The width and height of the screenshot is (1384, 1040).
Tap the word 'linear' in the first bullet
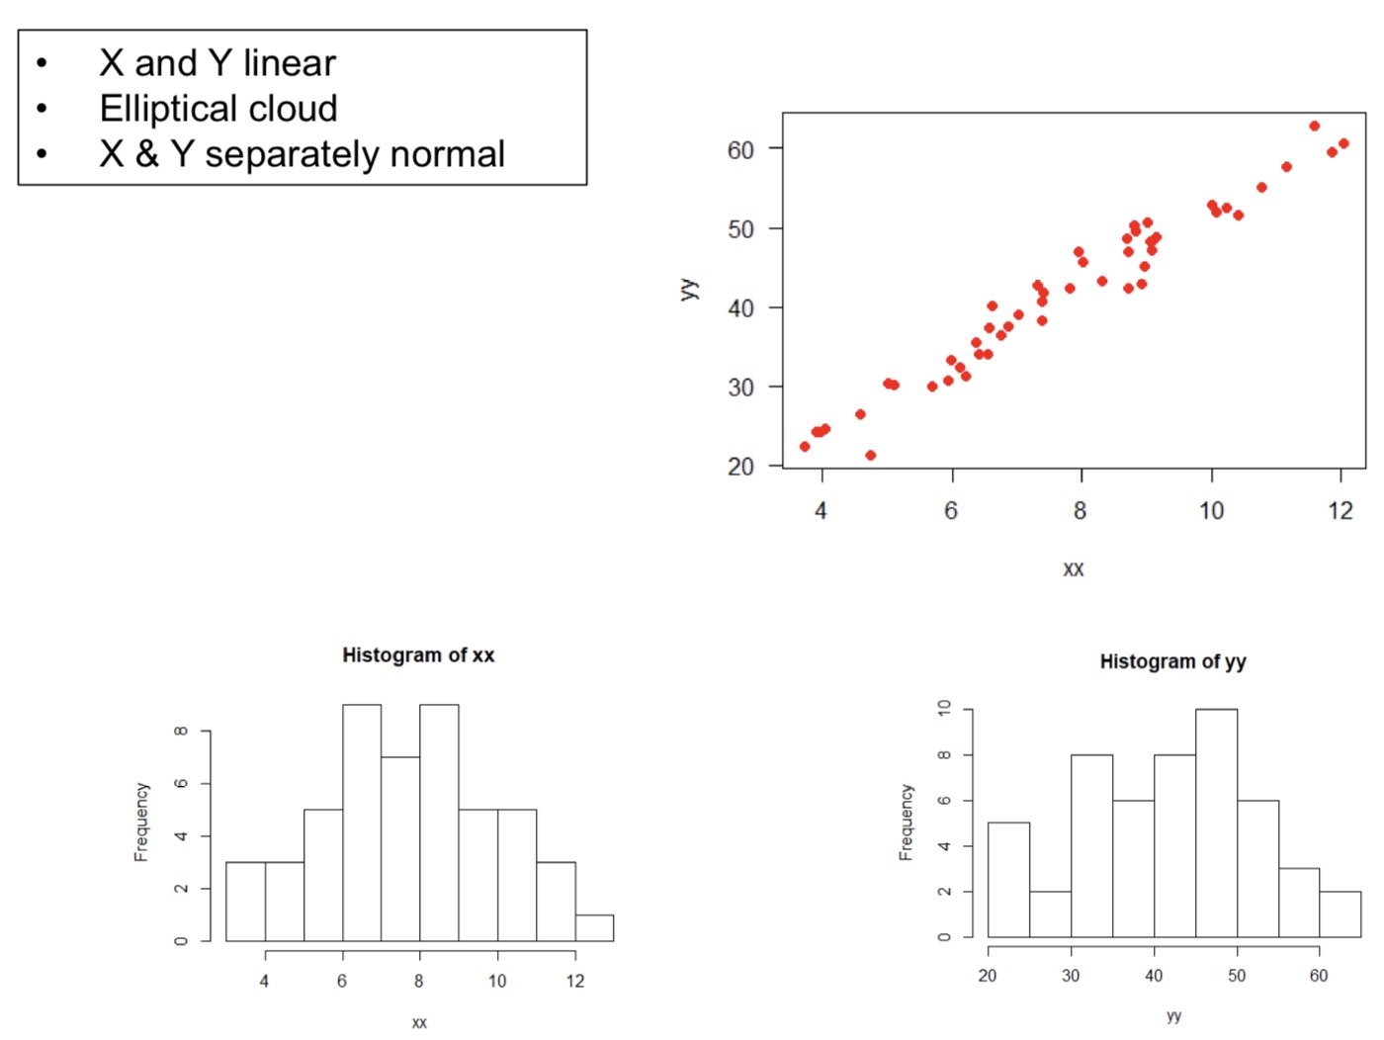(x=290, y=63)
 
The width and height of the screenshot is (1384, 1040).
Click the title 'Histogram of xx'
(x=418, y=654)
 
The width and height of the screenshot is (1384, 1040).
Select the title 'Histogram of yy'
(x=1172, y=661)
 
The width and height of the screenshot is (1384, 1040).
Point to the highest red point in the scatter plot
(x=1314, y=127)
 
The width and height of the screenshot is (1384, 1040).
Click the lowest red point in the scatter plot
(x=870, y=456)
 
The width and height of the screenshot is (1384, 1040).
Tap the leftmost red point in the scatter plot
(x=805, y=447)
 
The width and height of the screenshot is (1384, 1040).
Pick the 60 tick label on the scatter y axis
(x=740, y=150)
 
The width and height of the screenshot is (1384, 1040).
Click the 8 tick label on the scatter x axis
(x=1080, y=511)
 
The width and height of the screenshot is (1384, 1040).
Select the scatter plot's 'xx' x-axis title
(x=1074, y=569)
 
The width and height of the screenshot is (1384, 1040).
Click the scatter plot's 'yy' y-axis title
(x=689, y=289)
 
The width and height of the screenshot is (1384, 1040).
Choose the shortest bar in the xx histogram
(x=594, y=927)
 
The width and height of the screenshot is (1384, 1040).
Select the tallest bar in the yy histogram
(x=1216, y=823)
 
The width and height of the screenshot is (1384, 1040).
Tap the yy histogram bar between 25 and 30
(x=1050, y=913)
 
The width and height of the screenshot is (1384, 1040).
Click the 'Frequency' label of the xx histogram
(x=141, y=822)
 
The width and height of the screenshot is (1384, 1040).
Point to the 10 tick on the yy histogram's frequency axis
(x=944, y=708)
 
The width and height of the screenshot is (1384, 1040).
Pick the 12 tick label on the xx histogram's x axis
(x=575, y=981)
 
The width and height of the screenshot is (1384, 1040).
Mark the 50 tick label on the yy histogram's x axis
(x=1237, y=976)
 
